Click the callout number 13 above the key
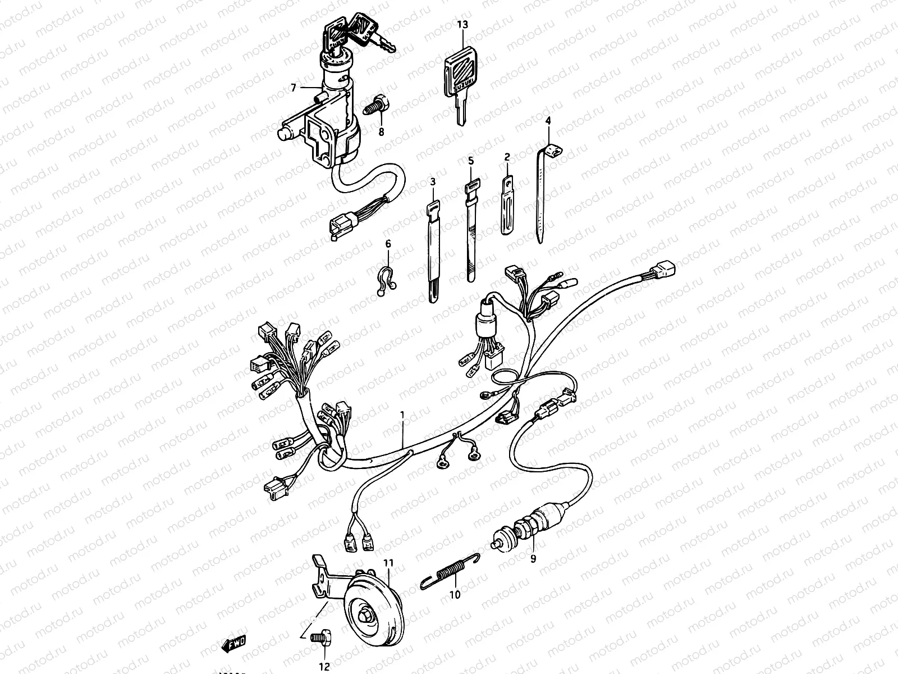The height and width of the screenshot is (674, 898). [462, 25]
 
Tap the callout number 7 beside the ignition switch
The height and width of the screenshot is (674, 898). [293, 88]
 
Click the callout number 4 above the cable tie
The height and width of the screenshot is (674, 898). [548, 121]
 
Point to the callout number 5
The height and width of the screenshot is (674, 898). [471, 161]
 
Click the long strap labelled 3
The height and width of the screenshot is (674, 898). [433, 247]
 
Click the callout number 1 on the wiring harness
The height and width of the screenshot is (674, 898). [402, 415]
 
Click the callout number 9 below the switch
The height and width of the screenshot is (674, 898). [533, 558]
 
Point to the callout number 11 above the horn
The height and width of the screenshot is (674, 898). [388, 562]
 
